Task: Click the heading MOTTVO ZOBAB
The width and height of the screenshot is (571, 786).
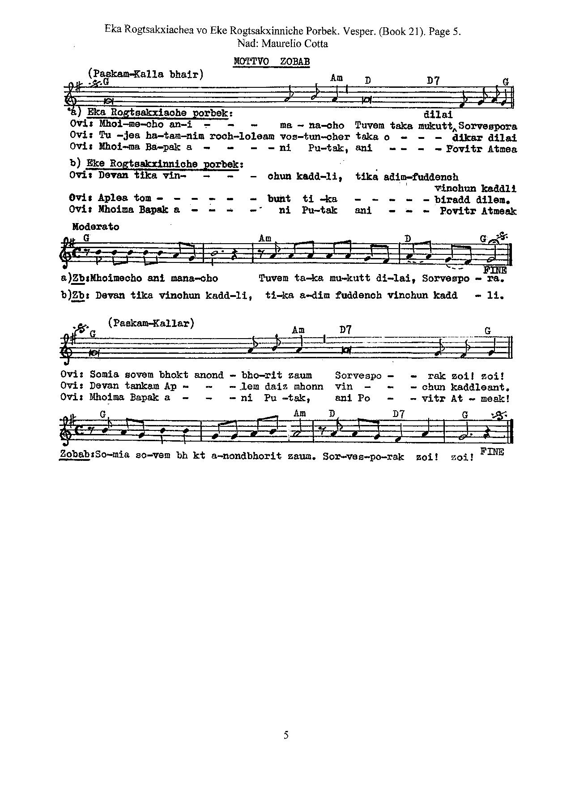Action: [x=272, y=61]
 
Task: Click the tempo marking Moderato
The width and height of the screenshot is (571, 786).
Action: [x=96, y=227]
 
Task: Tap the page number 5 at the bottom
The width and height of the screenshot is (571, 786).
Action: [x=286, y=735]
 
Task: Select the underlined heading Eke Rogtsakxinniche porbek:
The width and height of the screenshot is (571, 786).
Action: [x=164, y=164]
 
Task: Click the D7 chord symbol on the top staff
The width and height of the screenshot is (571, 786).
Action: [x=433, y=80]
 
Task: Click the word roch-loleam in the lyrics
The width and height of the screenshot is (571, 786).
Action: [x=242, y=137]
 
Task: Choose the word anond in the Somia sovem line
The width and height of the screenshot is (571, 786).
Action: [x=209, y=375]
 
